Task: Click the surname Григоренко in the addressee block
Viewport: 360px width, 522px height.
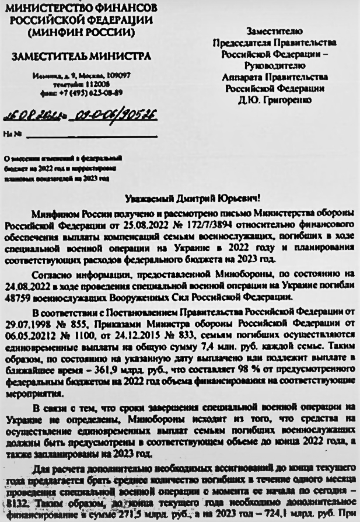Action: click(293, 99)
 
